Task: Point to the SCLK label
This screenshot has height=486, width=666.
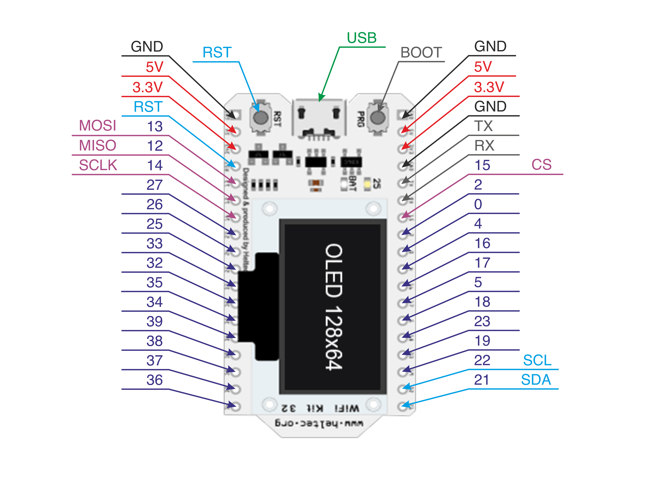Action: (x=98, y=165)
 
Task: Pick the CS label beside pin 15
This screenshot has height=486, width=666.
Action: (x=541, y=165)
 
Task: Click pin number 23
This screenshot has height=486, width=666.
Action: (x=482, y=321)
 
